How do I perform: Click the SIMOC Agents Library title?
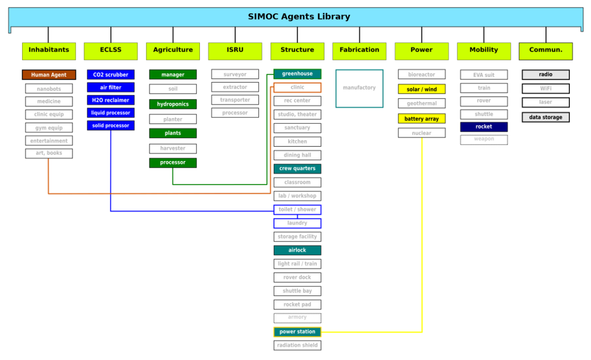(299, 17)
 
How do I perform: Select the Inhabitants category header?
(49, 51)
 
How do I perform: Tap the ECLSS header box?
(110, 51)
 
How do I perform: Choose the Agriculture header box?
(173, 51)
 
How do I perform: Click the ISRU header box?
(235, 51)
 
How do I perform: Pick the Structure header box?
(297, 51)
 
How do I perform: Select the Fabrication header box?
(360, 51)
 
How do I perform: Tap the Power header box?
(422, 51)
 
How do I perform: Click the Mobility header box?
(484, 51)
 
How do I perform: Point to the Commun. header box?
(546, 51)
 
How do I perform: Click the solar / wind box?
(422, 89)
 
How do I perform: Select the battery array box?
(422, 119)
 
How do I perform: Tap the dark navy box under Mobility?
(484, 127)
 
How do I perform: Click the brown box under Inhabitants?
(49, 74)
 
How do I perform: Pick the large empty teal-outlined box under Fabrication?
(360, 88)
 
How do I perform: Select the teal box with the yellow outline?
(297, 332)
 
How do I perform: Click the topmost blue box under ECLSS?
(110, 74)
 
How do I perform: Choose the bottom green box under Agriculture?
(173, 163)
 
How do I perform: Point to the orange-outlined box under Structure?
(297, 88)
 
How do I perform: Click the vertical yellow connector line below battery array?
(422, 236)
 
